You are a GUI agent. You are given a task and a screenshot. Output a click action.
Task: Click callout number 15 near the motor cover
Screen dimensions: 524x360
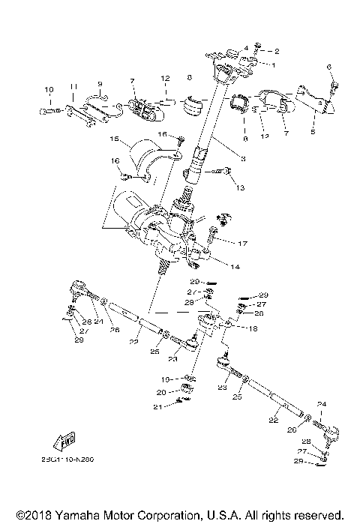point(115,139)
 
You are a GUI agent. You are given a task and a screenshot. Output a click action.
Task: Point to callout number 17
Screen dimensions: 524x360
point(243,243)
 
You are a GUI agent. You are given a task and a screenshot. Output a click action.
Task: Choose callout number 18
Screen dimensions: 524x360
point(252,328)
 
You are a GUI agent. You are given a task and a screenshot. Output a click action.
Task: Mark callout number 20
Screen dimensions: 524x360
point(161,391)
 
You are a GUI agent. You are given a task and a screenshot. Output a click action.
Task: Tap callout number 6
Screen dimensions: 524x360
point(328,67)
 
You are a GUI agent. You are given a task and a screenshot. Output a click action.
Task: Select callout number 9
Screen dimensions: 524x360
point(100,83)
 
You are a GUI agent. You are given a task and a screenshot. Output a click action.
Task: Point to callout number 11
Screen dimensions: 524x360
point(73,88)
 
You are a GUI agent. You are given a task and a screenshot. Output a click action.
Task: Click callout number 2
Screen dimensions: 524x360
point(276,51)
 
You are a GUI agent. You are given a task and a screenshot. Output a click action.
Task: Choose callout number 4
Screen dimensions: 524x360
point(245,47)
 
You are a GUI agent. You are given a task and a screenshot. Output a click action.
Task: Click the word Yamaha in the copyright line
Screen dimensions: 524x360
point(71,516)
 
